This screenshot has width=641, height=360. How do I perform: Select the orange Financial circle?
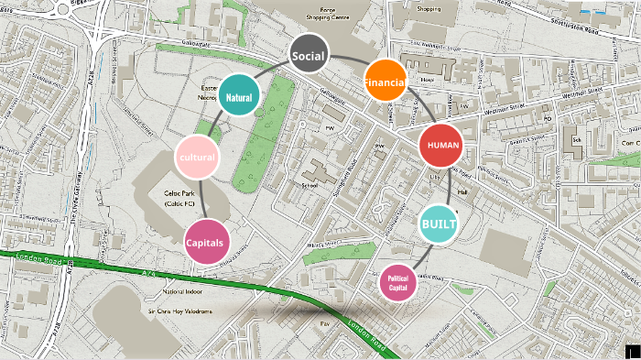pos(385,82)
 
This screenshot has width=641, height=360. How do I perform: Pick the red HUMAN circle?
pos(442,146)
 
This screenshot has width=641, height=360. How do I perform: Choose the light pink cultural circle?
pos(197,156)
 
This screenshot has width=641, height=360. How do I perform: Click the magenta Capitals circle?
pos(206,242)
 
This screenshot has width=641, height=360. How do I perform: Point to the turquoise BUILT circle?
pos(439,224)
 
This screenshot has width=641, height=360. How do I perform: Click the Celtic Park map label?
pos(181,199)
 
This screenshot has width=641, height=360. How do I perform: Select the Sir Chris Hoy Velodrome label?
pos(180,311)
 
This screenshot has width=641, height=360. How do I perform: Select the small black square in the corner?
pos(632,352)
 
